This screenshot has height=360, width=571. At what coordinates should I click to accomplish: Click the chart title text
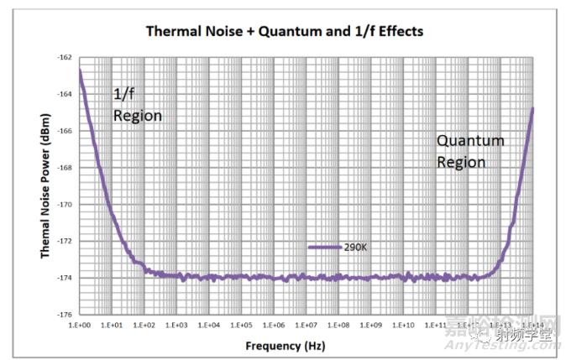click(285, 32)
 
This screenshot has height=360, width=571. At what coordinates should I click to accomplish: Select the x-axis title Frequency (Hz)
click(285, 346)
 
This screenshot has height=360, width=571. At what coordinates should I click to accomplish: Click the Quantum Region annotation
click(470, 151)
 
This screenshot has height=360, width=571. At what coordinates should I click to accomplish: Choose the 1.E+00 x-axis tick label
click(80, 324)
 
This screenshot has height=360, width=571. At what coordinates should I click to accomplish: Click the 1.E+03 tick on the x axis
click(176, 324)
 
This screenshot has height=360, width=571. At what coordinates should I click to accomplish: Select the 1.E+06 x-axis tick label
click(274, 324)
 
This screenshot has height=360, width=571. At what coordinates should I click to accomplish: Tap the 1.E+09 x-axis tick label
click(371, 324)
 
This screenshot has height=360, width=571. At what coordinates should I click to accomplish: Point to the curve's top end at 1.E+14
click(532, 108)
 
